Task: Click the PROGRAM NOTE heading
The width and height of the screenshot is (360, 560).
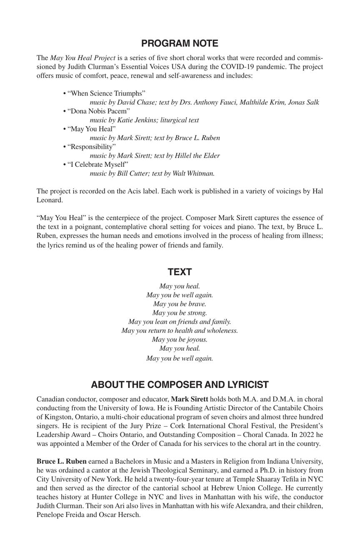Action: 180,44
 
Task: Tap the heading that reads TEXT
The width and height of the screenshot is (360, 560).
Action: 180,272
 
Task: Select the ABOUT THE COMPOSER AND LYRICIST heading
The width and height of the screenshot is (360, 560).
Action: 180,384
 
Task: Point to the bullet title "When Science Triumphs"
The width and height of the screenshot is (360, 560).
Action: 106,93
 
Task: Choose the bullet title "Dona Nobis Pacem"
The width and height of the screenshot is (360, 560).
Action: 99,111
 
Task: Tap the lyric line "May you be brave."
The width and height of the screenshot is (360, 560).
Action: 180,304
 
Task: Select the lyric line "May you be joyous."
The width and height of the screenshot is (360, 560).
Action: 180,339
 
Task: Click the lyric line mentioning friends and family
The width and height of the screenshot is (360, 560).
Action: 180,321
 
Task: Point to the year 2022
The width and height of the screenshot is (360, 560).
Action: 304,434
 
